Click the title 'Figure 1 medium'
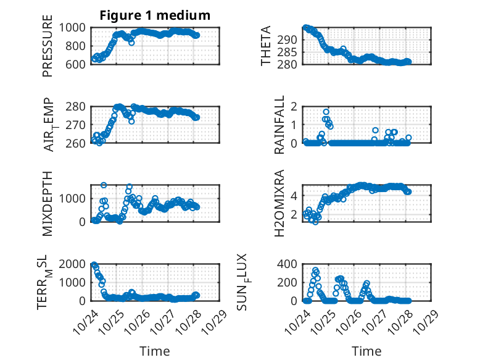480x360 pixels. click(155, 15)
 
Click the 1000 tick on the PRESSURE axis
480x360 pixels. click(74, 27)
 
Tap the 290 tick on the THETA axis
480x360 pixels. click(291, 40)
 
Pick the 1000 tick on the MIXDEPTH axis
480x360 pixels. click(74, 198)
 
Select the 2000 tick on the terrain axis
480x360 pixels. click(74, 264)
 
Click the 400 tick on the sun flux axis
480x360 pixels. click(291, 264)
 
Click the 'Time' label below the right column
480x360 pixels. click(366, 351)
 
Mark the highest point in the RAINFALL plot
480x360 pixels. click(326, 112)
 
